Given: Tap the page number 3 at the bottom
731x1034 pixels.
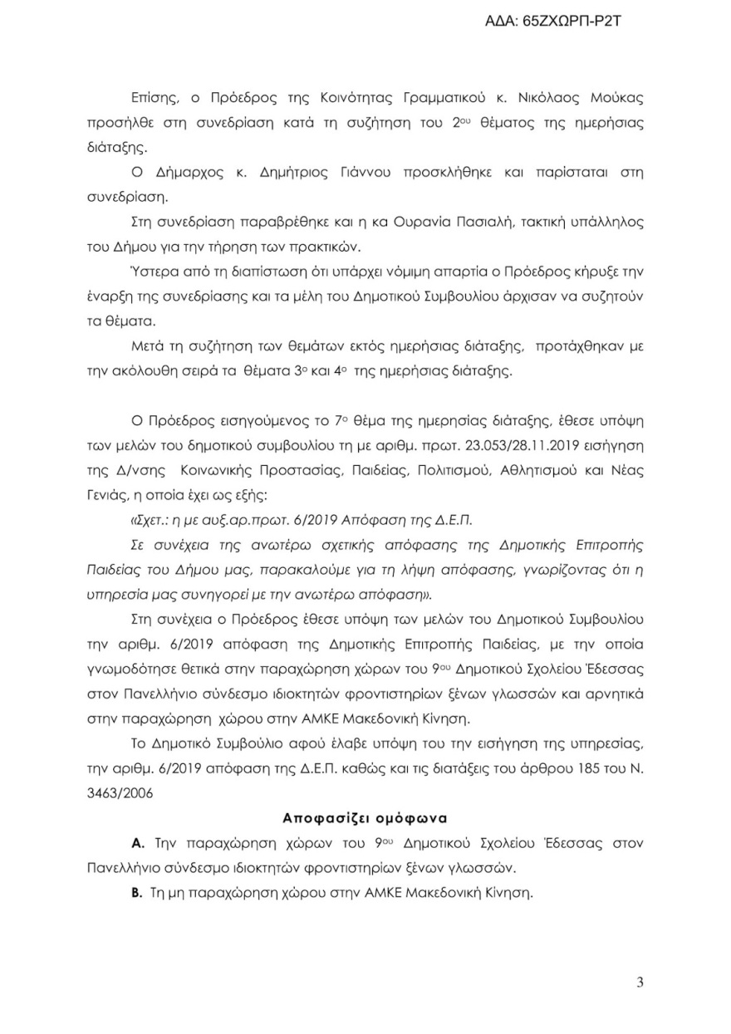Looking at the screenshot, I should tap(640, 983).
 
